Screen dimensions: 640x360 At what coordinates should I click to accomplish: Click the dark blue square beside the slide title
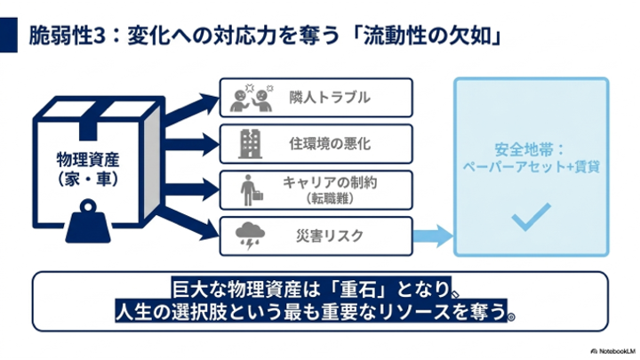click(x=9, y=35)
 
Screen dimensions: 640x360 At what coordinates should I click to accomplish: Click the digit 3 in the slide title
click(x=100, y=36)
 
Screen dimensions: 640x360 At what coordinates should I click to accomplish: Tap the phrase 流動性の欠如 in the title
click(x=428, y=36)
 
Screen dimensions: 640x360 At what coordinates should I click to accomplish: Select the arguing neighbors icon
click(x=252, y=98)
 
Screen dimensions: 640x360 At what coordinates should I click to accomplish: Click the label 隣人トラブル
click(x=330, y=98)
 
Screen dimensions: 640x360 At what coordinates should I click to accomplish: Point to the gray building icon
click(x=250, y=144)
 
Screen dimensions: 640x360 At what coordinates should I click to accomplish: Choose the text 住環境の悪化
click(x=330, y=144)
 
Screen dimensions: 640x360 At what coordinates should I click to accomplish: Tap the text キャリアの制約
click(x=330, y=182)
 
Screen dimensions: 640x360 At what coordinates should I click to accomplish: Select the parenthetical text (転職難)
click(x=330, y=199)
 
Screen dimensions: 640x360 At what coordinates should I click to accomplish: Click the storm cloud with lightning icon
click(x=250, y=236)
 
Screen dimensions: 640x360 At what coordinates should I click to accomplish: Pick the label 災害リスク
click(x=330, y=236)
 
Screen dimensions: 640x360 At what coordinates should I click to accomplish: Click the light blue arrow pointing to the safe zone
click(x=433, y=236)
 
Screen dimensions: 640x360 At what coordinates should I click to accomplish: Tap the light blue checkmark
click(x=531, y=217)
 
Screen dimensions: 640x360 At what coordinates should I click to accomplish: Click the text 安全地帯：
click(x=530, y=150)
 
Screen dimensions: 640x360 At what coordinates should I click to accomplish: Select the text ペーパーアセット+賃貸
click(x=531, y=167)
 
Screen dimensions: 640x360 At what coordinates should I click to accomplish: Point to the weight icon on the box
click(x=88, y=220)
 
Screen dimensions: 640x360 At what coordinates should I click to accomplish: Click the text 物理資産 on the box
click(x=88, y=160)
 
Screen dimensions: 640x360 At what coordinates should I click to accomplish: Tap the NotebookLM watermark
click(x=613, y=351)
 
